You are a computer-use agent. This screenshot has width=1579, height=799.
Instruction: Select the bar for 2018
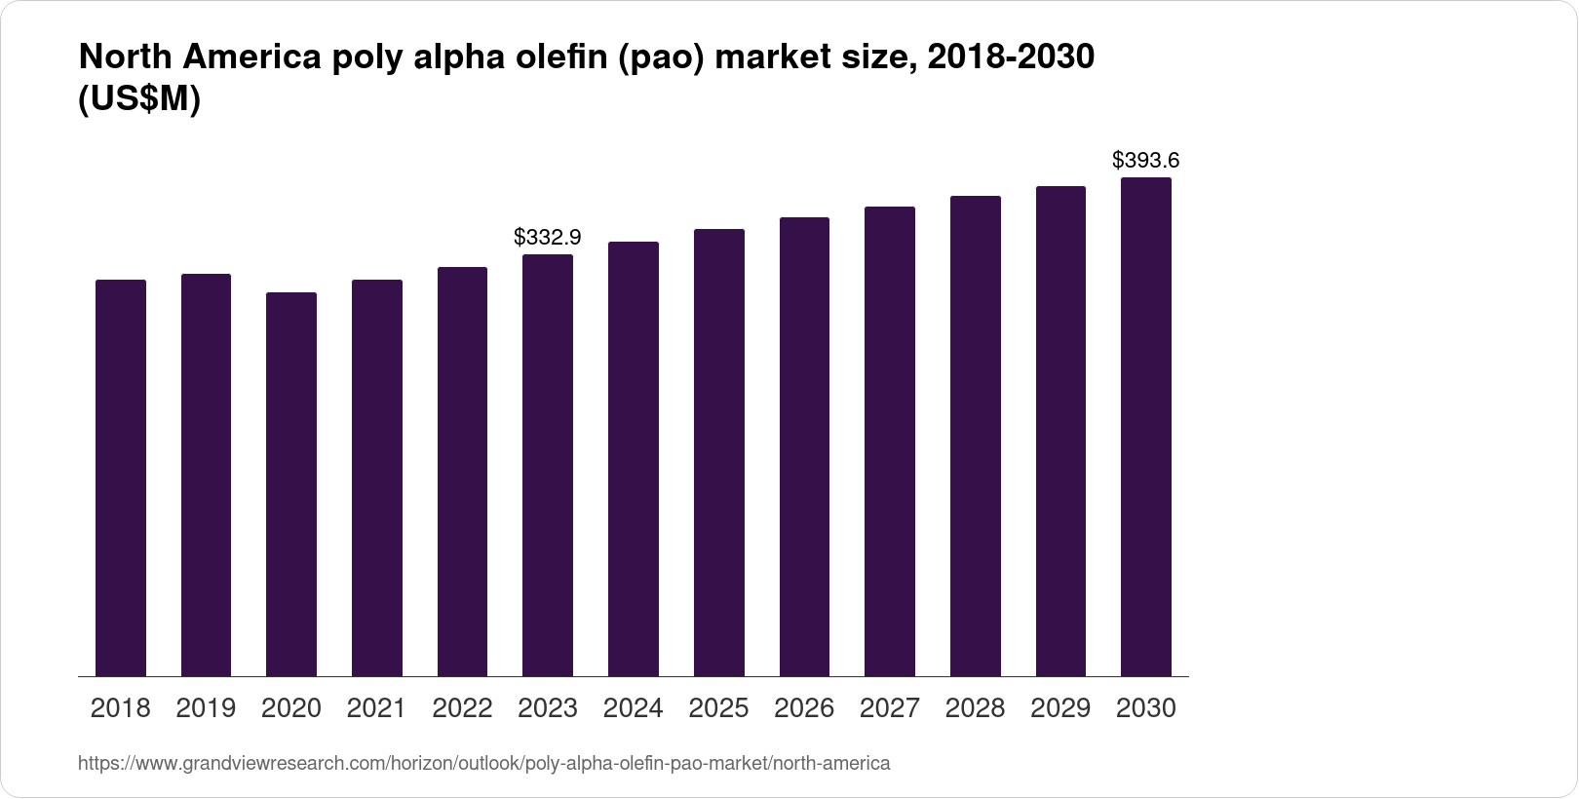121,477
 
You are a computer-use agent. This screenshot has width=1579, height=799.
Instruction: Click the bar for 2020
291,484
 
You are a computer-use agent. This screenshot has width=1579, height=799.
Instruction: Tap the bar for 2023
548,465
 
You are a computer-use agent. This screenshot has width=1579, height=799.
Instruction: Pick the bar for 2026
804,446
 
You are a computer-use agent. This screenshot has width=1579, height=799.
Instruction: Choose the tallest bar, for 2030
1146,427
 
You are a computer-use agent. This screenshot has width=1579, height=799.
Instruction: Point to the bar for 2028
976,436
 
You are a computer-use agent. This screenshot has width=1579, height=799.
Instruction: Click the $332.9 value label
548,237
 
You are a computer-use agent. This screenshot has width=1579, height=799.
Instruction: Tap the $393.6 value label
1146,160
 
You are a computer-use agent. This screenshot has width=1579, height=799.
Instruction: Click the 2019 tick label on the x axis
206,708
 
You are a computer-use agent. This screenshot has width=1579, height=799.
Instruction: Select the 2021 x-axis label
377,708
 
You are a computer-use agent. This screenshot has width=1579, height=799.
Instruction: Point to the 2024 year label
634,708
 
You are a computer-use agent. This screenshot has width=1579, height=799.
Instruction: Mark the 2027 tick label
890,708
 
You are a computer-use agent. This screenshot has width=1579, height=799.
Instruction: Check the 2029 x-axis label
1060,708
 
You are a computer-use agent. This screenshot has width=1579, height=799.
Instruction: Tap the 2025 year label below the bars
718,708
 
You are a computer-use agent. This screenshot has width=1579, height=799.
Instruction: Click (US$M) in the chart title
138,99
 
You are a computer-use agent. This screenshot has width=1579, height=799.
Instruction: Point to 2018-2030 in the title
1010,57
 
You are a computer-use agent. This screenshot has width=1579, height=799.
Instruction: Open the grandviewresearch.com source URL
483,763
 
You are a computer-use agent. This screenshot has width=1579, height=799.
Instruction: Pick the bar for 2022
462,472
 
